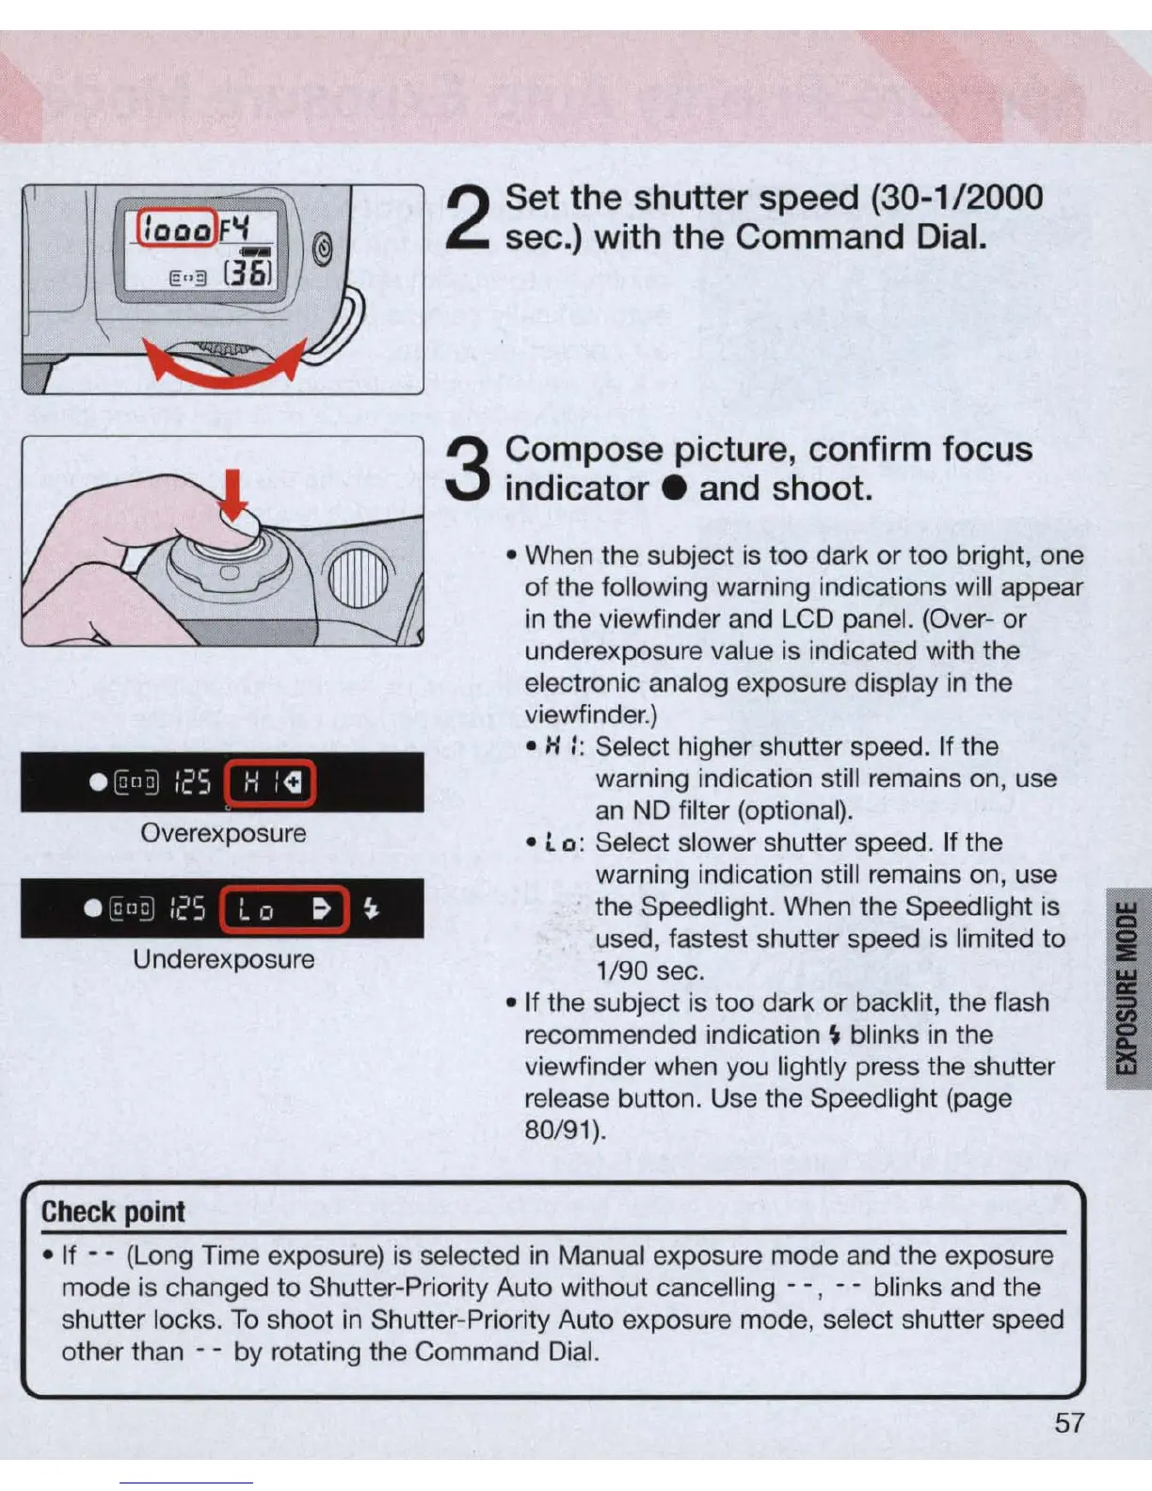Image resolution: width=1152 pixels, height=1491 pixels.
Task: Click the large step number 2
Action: click(469, 218)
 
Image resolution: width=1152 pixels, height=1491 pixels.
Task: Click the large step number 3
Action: click(469, 470)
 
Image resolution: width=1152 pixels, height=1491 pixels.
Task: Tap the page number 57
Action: click(1069, 1422)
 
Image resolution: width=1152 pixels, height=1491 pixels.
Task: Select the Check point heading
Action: click(113, 1211)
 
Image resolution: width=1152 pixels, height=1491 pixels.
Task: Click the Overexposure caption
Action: click(223, 833)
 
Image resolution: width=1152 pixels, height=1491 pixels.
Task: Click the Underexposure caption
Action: click(223, 959)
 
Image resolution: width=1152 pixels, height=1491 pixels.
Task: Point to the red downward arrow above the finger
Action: click(233, 494)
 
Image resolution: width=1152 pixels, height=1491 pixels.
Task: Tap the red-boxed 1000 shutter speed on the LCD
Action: click(177, 228)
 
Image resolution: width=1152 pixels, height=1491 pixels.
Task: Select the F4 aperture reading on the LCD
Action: click(235, 228)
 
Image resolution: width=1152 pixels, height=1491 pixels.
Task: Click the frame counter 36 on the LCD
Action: click(247, 274)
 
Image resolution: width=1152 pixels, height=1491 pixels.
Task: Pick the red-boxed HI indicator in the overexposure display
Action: click(272, 782)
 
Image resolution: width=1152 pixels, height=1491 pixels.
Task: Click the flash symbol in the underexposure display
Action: click(372, 908)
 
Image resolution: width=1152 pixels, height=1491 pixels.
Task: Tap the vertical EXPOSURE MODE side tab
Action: click(1128, 987)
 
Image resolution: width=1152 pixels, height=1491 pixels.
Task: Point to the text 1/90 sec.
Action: click(649, 970)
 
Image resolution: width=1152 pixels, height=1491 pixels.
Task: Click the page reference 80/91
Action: click(561, 1130)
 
